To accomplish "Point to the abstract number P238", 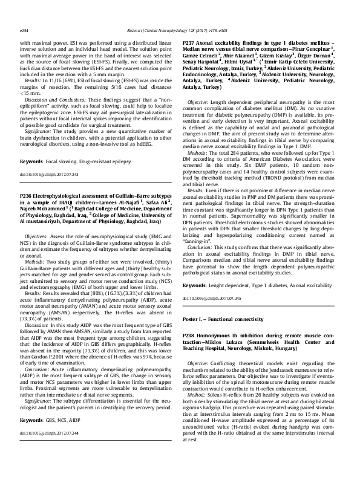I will [190, 334].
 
